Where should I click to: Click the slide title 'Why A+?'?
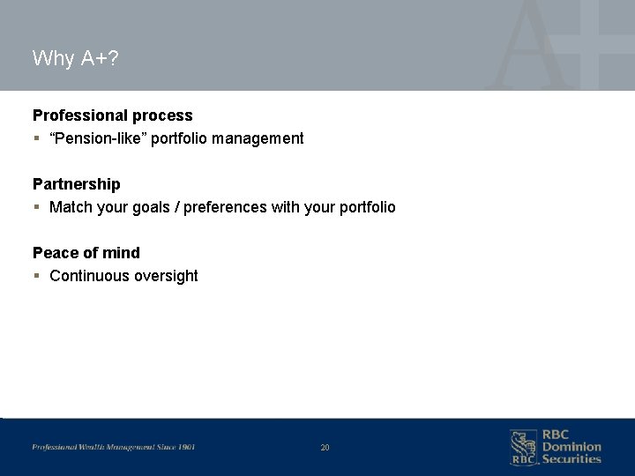tap(75, 59)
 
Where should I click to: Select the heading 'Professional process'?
tap(112, 115)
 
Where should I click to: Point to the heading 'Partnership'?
tap(76, 184)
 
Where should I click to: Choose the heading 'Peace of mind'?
tap(86, 253)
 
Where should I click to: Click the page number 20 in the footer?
tap(325, 448)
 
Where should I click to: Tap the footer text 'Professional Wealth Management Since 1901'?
tap(114, 447)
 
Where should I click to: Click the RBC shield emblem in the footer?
tap(522, 447)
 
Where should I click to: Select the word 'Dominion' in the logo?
tap(571, 447)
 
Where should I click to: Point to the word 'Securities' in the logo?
tap(571, 458)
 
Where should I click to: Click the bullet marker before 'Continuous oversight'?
tap(36, 277)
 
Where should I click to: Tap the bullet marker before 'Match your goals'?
tap(36, 208)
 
